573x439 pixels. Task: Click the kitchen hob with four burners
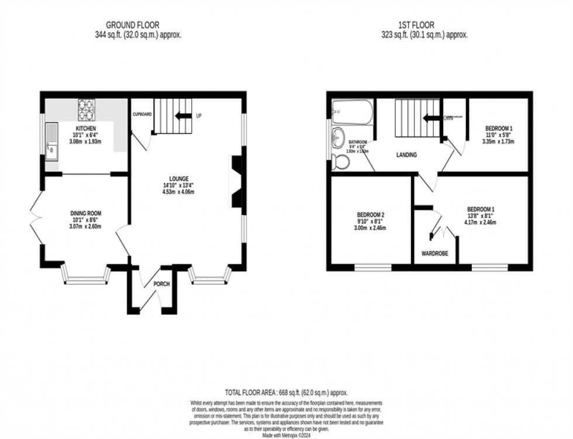[86, 109]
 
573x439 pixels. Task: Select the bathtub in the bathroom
[352, 112]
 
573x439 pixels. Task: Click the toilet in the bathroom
[339, 162]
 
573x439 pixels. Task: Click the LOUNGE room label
[179, 179]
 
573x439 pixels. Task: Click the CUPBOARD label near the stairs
[142, 115]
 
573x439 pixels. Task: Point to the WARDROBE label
[434, 254]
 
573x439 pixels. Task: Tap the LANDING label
[407, 155]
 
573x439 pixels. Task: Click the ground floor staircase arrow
[183, 116]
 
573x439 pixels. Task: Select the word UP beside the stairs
[199, 116]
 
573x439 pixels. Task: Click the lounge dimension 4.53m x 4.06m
[178, 192]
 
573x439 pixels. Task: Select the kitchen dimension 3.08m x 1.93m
[85, 141]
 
